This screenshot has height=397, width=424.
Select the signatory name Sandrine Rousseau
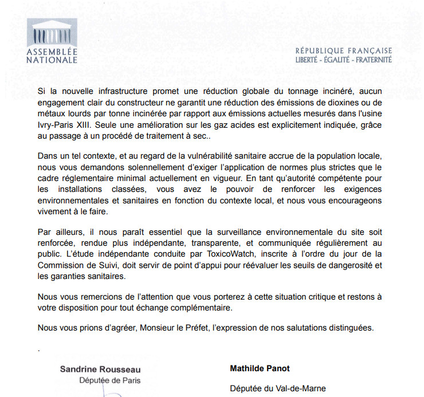100,370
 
